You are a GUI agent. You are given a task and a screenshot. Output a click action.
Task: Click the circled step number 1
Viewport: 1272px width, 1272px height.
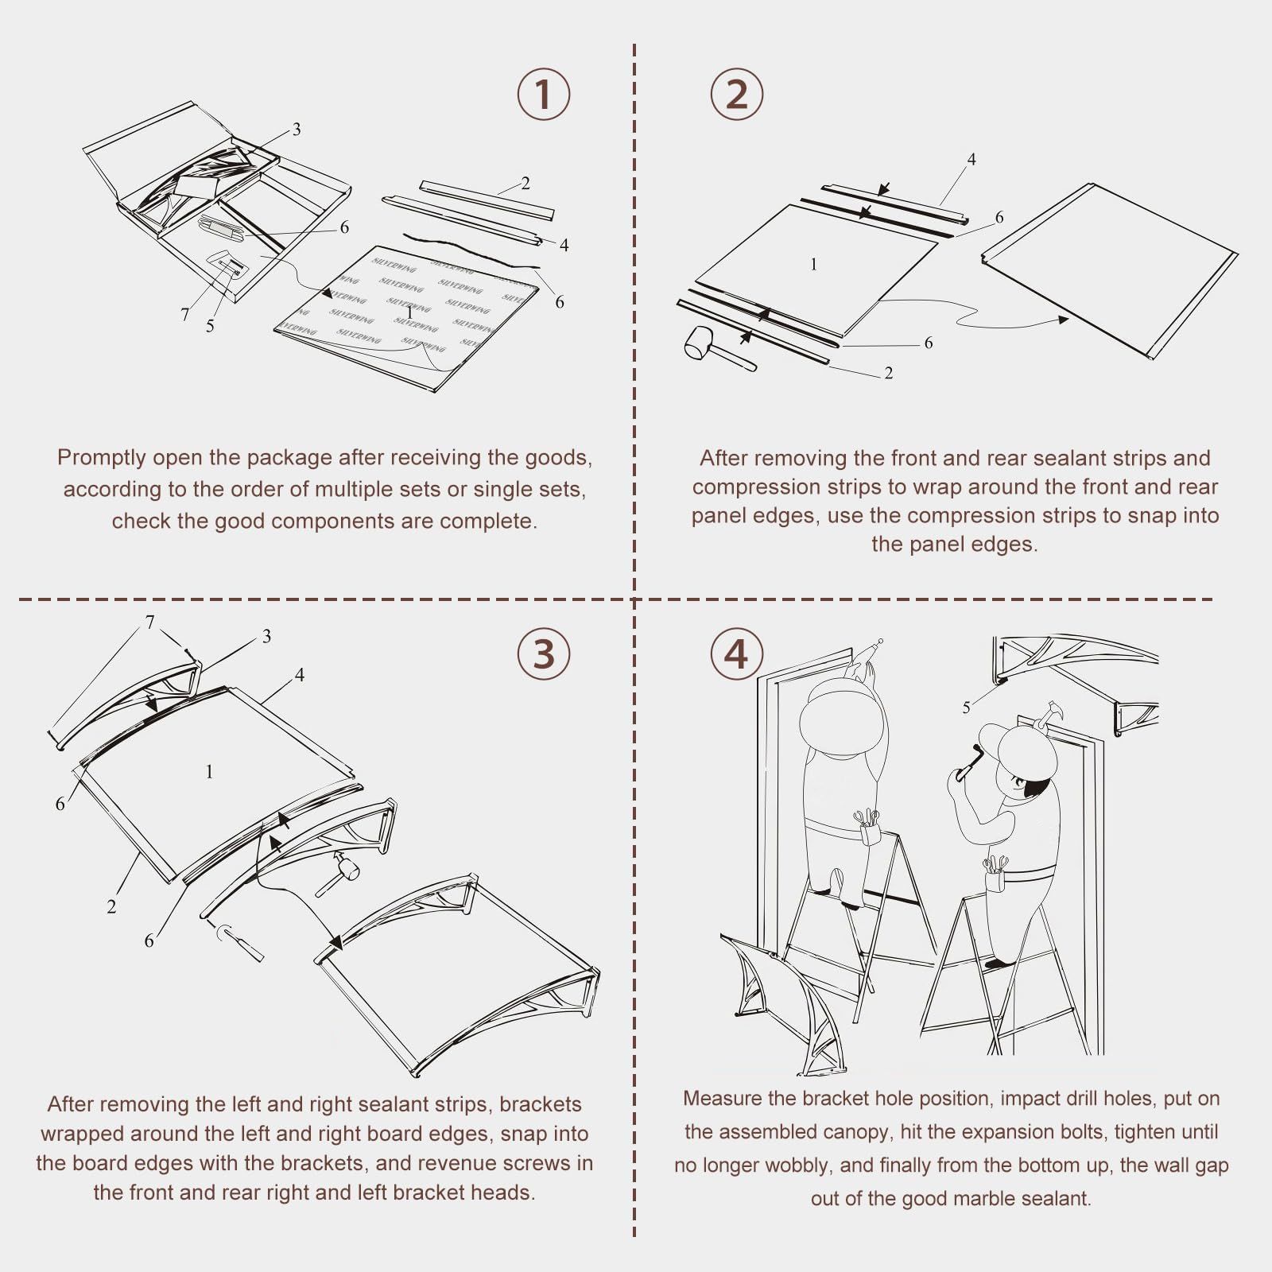click(544, 94)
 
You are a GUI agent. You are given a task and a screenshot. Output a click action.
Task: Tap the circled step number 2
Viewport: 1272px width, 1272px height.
click(737, 94)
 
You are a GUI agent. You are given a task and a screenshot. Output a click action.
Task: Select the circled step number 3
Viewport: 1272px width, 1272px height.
click(544, 653)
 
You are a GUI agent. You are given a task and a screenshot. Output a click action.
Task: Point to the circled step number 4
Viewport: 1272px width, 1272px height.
click(737, 653)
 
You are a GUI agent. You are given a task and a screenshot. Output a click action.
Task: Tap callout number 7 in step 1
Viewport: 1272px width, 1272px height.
click(185, 315)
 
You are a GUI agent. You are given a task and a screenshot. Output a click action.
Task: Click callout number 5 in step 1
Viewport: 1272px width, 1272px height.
click(210, 326)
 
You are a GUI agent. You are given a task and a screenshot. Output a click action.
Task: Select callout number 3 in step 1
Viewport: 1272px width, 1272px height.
click(297, 129)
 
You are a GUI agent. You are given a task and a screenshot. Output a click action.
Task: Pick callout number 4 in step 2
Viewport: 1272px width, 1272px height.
click(971, 159)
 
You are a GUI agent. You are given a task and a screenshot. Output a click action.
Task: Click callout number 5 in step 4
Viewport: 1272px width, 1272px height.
click(967, 708)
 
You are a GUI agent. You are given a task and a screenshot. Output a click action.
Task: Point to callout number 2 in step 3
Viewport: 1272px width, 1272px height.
click(111, 906)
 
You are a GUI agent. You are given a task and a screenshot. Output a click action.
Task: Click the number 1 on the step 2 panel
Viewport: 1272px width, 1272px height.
click(813, 264)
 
